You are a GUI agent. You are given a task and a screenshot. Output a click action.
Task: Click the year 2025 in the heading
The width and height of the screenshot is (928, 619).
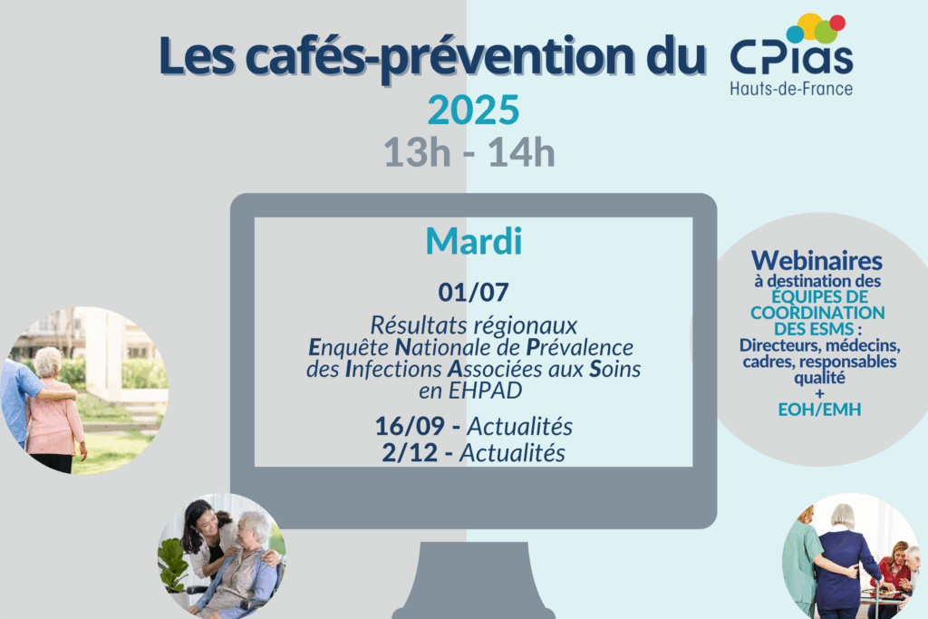[x=473, y=110]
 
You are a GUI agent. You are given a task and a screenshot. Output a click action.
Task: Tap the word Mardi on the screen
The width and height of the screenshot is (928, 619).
[x=473, y=241]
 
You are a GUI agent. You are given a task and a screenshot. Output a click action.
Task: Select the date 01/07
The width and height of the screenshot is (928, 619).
[x=473, y=293]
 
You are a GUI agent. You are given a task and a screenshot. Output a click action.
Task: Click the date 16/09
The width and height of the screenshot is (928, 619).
[x=410, y=426]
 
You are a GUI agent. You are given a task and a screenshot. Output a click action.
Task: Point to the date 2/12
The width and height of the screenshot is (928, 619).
[x=410, y=453]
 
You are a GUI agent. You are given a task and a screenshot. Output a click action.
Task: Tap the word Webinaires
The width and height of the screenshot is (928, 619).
[x=817, y=261]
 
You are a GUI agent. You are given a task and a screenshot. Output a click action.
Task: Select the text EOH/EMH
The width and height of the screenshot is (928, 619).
[x=819, y=410]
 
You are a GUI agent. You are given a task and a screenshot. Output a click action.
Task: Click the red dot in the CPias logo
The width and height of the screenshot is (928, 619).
[x=837, y=23]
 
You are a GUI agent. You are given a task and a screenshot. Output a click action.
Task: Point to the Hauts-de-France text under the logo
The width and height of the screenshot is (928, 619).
[x=791, y=90]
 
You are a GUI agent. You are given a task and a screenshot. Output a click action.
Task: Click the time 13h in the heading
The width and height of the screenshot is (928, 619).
[x=417, y=152]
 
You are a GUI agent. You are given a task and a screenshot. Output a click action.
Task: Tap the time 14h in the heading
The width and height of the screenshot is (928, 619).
[x=521, y=152]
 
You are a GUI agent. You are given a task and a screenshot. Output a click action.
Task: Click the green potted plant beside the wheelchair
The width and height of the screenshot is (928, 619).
[x=173, y=566]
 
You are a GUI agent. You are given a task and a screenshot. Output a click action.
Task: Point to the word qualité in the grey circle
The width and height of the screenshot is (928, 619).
[x=819, y=378]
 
